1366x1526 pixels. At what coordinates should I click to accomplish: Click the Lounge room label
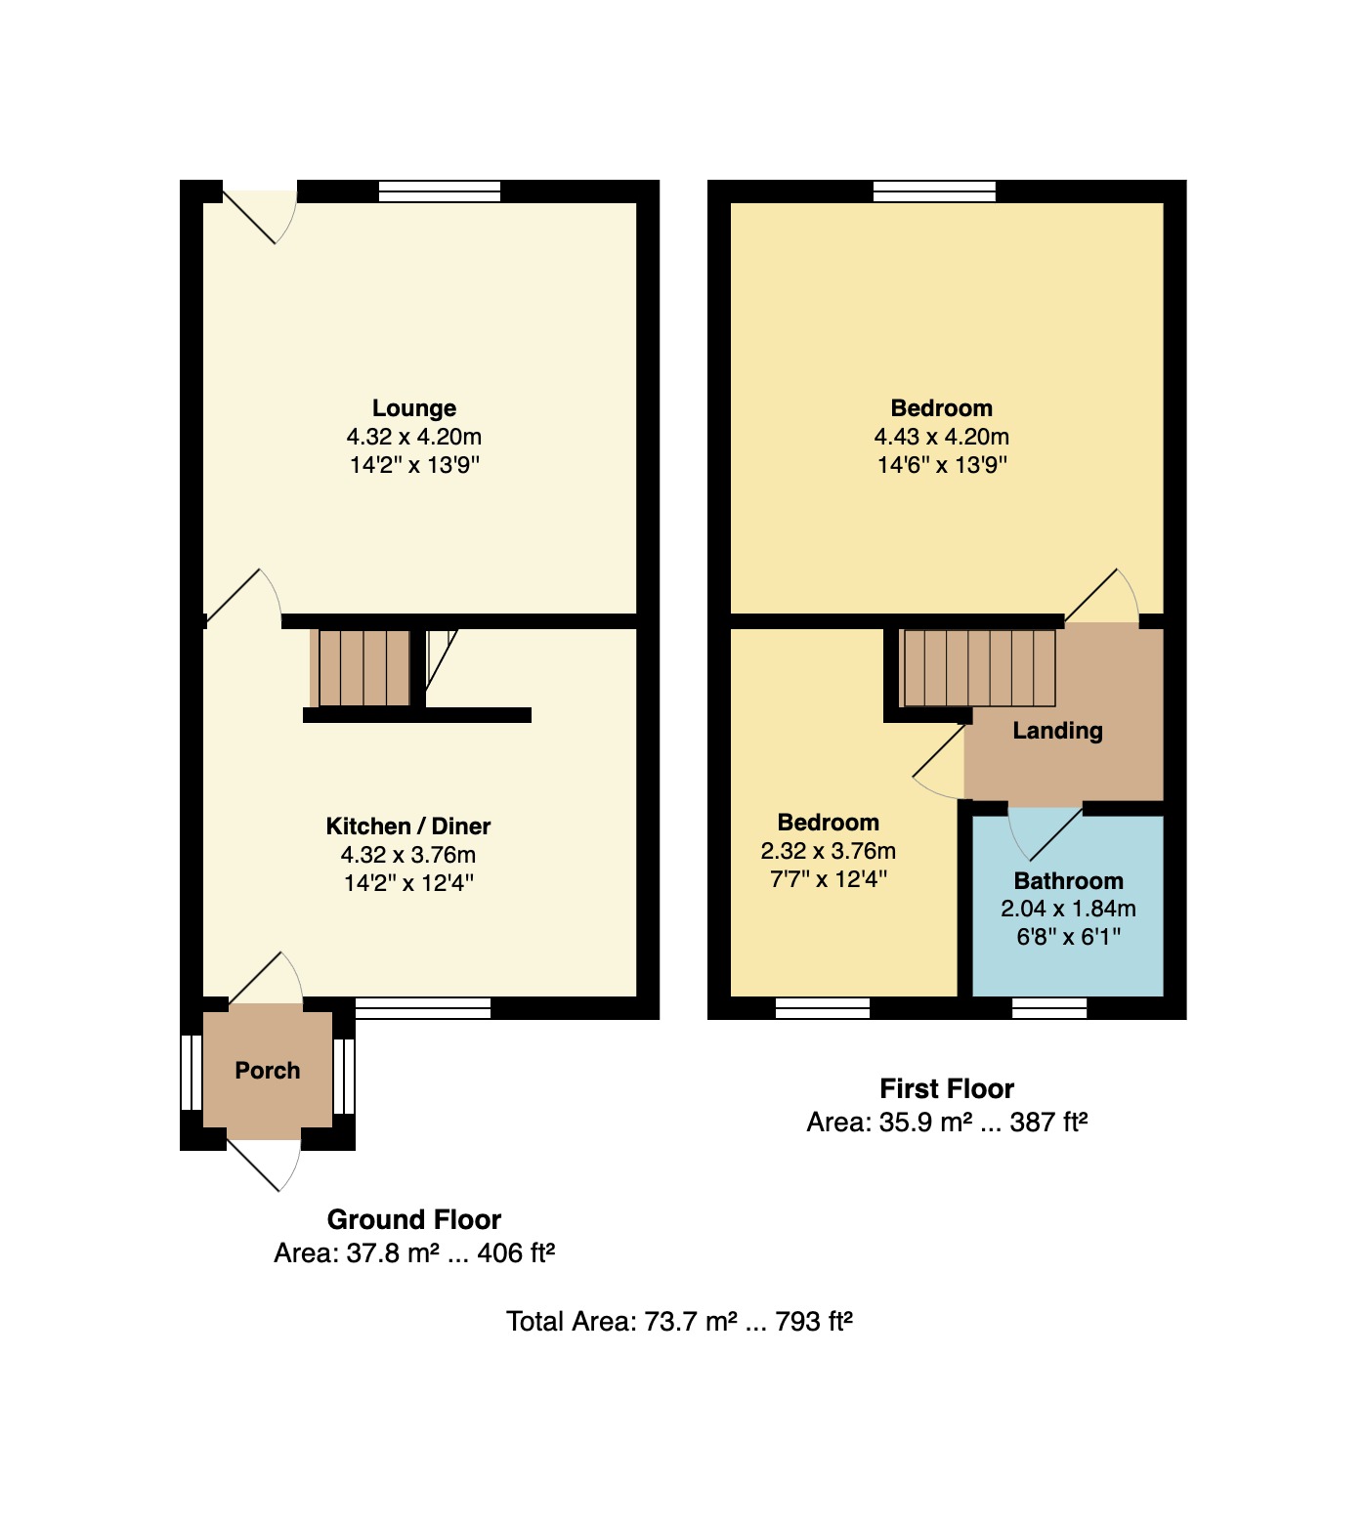(x=414, y=408)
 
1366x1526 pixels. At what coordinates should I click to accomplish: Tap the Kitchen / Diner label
(x=408, y=827)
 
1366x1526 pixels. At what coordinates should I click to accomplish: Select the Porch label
(x=268, y=1071)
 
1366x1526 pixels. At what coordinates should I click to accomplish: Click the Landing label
(x=1057, y=731)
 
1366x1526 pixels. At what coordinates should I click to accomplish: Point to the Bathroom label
(x=1069, y=881)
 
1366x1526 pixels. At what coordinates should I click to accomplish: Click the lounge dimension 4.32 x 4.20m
(x=414, y=437)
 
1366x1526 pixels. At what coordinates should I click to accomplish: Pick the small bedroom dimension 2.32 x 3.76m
(x=829, y=851)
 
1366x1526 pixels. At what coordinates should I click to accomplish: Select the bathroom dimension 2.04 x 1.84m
(x=1069, y=909)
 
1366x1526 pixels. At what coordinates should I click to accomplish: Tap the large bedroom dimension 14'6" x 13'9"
(x=942, y=465)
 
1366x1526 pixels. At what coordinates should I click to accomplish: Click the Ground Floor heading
(x=414, y=1220)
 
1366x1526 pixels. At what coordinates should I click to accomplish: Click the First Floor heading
(x=947, y=1089)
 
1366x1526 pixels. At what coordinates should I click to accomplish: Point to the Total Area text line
(x=680, y=1322)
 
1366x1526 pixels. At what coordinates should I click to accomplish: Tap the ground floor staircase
(x=364, y=668)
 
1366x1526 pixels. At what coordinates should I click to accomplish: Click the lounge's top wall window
(x=440, y=191)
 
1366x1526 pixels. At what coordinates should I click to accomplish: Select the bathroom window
(x=1049, y=1008)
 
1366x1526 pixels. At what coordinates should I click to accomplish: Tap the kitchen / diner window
(x=423, y=1008)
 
